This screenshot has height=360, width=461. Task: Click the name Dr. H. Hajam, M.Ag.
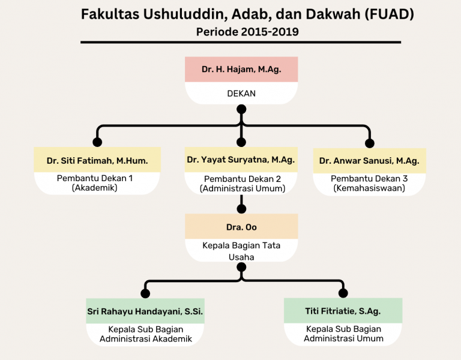pos(241,70)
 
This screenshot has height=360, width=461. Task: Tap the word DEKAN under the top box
pos(241,94)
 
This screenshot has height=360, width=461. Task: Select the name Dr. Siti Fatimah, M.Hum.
pos(97,161)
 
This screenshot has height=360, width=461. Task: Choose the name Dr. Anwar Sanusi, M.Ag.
pos(369,161)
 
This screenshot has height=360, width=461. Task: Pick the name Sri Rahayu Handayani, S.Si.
pos(145,311)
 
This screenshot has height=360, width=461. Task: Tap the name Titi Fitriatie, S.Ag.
pos(343,311)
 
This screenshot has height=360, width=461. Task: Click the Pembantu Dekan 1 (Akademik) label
pos(95,183)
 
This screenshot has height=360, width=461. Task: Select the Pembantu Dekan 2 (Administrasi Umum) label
pos(243,184)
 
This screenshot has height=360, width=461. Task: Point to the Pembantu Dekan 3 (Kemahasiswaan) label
pos(369,184)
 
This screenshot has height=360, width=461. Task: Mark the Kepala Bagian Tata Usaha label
pos(241,251)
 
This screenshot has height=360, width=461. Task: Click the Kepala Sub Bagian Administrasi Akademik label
pos(145,334)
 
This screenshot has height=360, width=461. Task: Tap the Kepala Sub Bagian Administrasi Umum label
pos(343,334)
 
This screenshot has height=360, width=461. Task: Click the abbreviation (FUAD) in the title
pos(389,14)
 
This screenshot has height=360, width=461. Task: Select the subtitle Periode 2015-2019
pos(247,32)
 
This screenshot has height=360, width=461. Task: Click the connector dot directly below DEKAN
pos(241,109)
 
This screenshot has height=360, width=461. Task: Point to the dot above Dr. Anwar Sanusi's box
pos(370,143)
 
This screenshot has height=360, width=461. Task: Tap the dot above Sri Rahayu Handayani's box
pos(145,293)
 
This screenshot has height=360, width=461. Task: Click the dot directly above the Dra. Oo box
pos(241,209)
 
